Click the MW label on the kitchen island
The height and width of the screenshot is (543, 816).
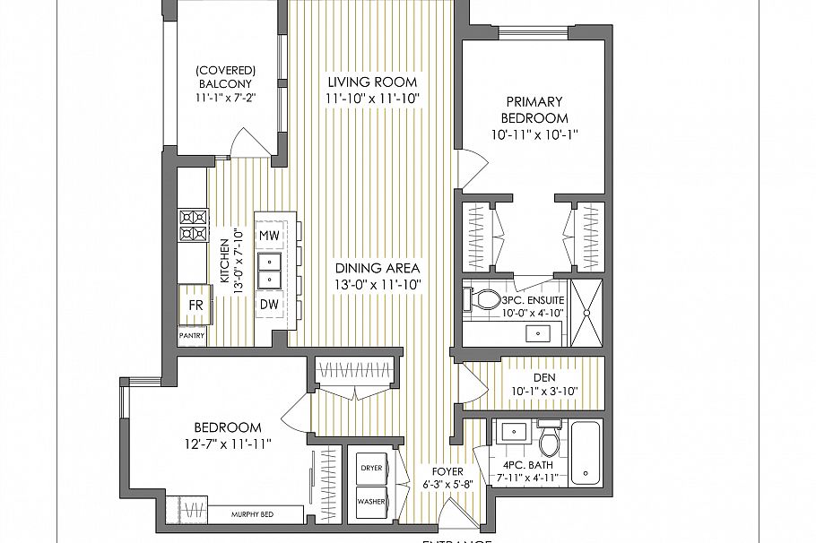(x=268, y=235)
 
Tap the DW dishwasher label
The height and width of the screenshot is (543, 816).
(x=268, y=305)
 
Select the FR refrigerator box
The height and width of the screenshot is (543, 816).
(x=195, y=306)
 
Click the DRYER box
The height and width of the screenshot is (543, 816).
(x=371, y=469)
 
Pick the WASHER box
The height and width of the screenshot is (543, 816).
(x=371, y=502)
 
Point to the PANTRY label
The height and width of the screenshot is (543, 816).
(x=192, y=336)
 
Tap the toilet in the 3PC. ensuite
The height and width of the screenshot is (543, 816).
(x=485, y=299)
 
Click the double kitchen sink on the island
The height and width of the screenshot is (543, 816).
(x=268, y=270)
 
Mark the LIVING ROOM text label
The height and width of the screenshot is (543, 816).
(x=372, y=82)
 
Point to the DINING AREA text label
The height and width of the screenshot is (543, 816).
(x=378, y=268)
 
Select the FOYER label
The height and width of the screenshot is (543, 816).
(x=447, y=470)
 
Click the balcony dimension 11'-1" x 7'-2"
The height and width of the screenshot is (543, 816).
(x=227, y=99)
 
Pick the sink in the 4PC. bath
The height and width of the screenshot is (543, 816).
(x=514, y=432)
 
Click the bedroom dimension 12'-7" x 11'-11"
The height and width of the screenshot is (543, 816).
(x=227, y=443)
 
